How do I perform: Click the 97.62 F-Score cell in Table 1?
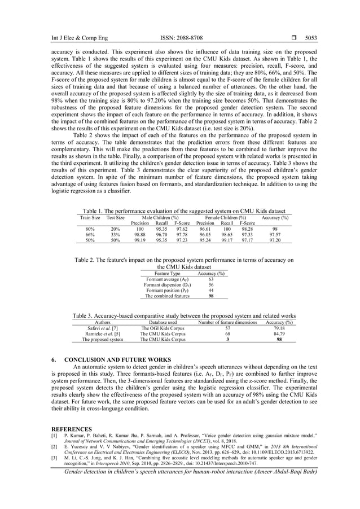pyautogui.click(x=182, y=229)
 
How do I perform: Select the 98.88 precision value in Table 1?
pyautogui.click(x=139, y=234)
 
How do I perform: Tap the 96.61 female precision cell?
pyautogui.click(x=205, y=229)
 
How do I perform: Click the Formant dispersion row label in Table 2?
pyautogui.click(x=167, y=285)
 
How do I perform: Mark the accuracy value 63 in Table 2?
pyautogui.click(x=210, y=279)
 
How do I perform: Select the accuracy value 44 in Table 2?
pyautogui.click(x=210, y=290)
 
